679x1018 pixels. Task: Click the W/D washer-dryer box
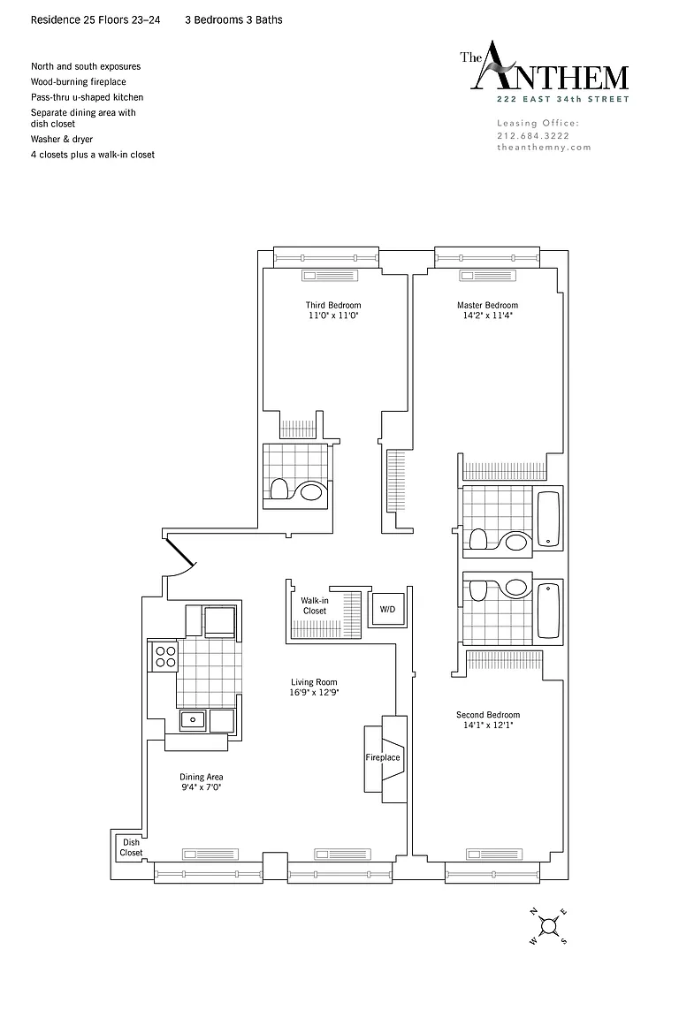(x=387, y=610)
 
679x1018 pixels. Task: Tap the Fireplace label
(x=383, y=757)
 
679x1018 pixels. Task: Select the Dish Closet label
(x=131, y=847)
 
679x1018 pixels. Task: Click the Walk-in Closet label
(x=315, y=605)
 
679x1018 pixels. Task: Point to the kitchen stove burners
(x=165, y=657)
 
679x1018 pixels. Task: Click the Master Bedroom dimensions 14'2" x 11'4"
(x=487, y=315)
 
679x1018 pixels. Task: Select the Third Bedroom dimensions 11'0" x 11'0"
(x=333, y=315)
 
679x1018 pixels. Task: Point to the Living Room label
(x=314, y=681)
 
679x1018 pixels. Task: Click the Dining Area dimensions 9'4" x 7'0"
(x=202, y=787)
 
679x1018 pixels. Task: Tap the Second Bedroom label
(x=488, y=715)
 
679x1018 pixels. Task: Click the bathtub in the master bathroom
(x=548, y=519)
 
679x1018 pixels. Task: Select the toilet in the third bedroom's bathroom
(x=279, y=489)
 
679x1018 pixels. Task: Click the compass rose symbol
(x=548, y=925)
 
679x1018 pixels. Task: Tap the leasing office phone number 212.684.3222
(x=533, y=136)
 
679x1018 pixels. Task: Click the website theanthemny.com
(x=545, y=148)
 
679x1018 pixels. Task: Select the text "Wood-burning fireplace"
(x=79, y=82)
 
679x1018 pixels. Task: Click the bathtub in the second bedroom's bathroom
(x=548, y=611)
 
